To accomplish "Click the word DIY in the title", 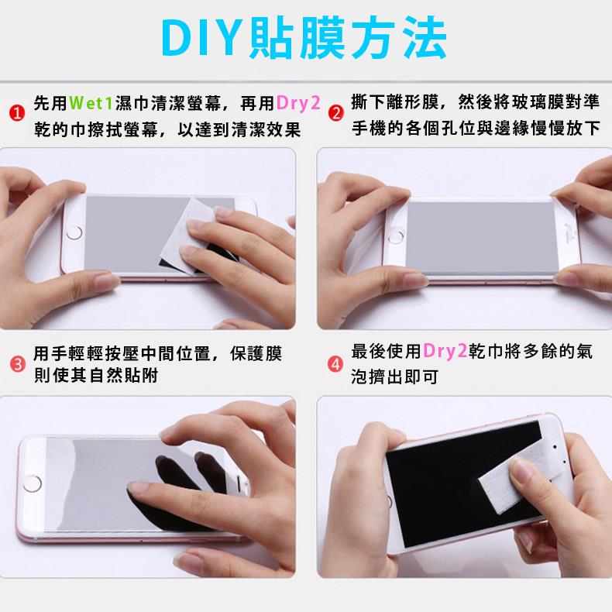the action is (201, 37).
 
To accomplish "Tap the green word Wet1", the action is (91, 104).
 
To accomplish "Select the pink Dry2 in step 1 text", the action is (298, 104).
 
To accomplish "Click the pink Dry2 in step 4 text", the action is (445, 351).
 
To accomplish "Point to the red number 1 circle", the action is (17, 113).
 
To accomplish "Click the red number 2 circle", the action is (335, 113).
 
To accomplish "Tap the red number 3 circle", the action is (17, 364).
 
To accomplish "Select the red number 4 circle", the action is (335, 365).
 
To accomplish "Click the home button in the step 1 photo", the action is (74, 233).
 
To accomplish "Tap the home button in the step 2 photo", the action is (396, 236).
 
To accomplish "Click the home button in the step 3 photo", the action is (32, 484).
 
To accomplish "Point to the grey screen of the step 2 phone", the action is (482, 238).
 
